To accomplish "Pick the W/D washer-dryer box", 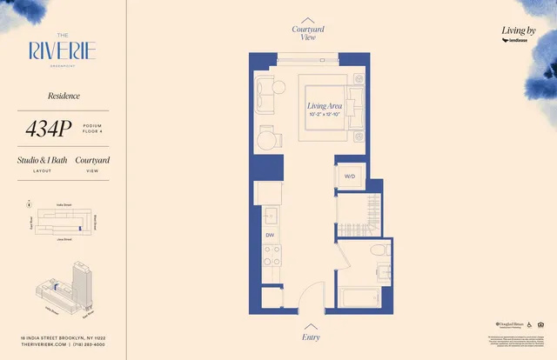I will coord(350,177).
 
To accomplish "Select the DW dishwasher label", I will coord(270,236).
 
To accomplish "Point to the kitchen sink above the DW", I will coord(270,214).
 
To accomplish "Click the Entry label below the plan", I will coord(311,337).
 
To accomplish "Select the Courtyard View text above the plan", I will coord(308,34).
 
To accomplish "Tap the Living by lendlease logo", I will coord(520,36).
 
